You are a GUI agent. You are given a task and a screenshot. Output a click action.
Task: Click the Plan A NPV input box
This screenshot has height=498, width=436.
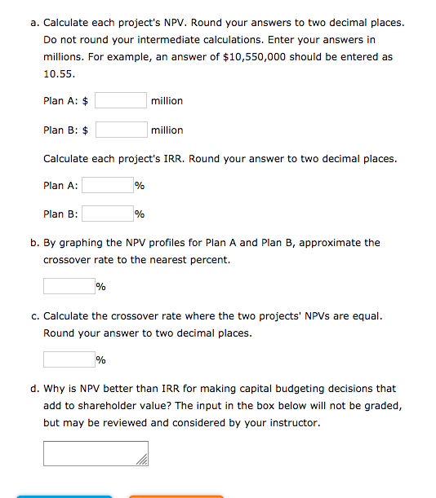pyautogui.click(x=121, y=101)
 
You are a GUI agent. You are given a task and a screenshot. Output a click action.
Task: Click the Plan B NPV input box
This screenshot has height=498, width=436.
pyautogui.click(x=121, y=130)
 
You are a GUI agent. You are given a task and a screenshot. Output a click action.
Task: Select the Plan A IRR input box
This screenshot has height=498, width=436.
pyautogui.click(x=107, y=186)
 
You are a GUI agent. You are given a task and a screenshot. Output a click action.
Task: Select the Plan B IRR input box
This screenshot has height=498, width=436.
pyautogui.click(x=107, y=214)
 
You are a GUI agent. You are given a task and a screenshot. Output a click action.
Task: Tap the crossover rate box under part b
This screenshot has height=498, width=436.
pyautogui.click(x=69, y=286)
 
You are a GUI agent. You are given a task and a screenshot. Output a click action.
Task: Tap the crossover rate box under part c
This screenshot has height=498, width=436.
pyautogui.click(x=69, y=359)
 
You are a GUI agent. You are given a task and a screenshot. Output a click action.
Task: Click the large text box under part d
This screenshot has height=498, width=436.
pyautogui.click(x=96, y=454)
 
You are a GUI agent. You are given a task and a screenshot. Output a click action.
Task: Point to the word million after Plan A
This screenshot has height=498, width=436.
pyautogui.click(x=167, y=101)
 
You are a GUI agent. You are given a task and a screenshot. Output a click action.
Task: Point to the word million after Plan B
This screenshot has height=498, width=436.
pyautogui.click(x=167, y=130)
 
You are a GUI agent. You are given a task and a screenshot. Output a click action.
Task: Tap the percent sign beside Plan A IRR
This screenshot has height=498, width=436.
pyautogui.click(x=140, y=186)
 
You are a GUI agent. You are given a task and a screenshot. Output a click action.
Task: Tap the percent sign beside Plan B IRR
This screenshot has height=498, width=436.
pyautogui.click(x=140, y=214)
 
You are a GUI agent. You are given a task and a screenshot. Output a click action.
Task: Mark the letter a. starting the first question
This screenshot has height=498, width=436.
pyautogui.click(x=33, y=21)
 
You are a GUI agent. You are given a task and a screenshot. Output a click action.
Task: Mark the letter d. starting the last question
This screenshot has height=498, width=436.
pyautogui.click(x=33, y=389)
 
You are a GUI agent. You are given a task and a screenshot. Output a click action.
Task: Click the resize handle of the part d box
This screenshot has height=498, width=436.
pyautogui.click(x=144, y=462)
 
